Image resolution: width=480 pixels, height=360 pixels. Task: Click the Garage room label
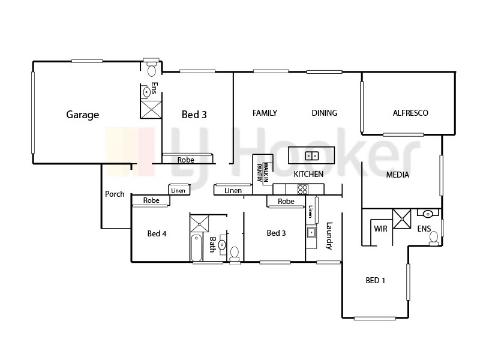pos(82,115)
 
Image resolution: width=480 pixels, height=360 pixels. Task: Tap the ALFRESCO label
pos(410,113)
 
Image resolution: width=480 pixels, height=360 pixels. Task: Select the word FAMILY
pos(265,113)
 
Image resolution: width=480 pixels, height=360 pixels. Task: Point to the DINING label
pos(324,113)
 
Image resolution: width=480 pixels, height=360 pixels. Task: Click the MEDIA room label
pos(397,175)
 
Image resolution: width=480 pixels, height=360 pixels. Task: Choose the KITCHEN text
pos(308,174)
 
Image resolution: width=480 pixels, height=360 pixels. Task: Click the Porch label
pos(115,194)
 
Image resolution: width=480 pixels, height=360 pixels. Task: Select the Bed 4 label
pos(157,233)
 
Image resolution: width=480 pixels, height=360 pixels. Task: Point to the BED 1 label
pos(376,280)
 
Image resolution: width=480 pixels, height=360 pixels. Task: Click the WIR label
pos(380,229)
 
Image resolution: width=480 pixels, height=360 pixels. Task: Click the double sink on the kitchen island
pos(312,156)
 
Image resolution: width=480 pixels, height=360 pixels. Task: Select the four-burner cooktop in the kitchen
pos(302,189)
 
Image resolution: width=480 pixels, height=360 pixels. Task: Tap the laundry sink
pos(311,233)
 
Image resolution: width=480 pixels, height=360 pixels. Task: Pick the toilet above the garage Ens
pos(152,68)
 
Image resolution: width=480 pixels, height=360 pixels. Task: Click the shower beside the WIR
pos(401,217)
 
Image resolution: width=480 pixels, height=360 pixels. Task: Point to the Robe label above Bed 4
pos(151,200)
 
